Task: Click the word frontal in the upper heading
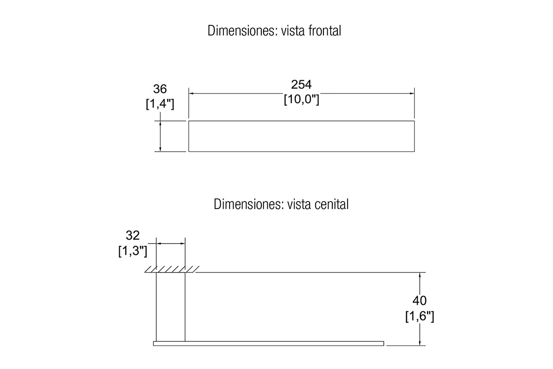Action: [324, 30]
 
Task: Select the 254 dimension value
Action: [301, 84]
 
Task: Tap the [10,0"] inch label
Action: [301, 99]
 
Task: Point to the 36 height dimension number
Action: [160, 89]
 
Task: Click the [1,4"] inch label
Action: [160, 104]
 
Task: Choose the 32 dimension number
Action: [133, 235]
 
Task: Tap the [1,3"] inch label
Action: [133, 251]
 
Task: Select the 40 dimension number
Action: [419, 301]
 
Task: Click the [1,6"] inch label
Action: [420, 316]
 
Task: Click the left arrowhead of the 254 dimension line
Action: [191, 94]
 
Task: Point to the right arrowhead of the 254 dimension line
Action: [412, 94]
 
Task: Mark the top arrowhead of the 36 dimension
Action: [160, 123]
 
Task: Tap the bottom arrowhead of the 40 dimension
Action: [420, 343]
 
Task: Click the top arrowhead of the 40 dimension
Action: [420, 274]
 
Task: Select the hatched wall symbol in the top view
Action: [172, 269]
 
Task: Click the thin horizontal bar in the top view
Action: [268, 344]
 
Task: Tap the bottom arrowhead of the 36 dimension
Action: [160, 149]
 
